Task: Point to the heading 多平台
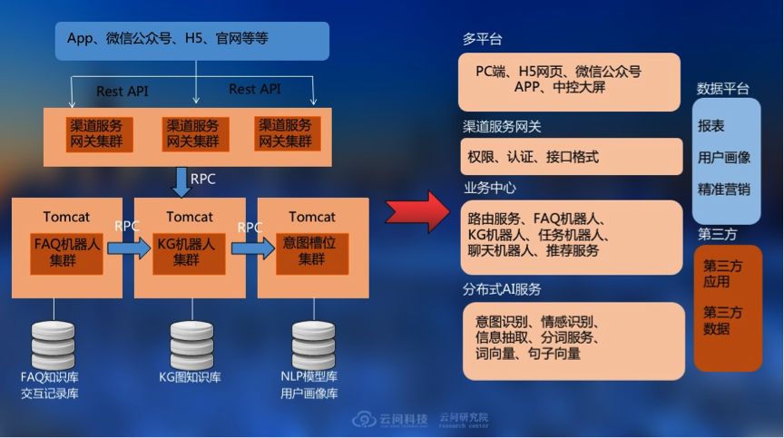[x=482, y=40]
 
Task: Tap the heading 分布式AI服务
[x=502, y=289]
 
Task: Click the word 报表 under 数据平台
[x=711, y=126]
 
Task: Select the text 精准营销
[x=723, y=189]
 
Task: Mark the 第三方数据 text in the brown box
[x=722, y=320]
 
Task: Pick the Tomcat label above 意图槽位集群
[x=312, y=217]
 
